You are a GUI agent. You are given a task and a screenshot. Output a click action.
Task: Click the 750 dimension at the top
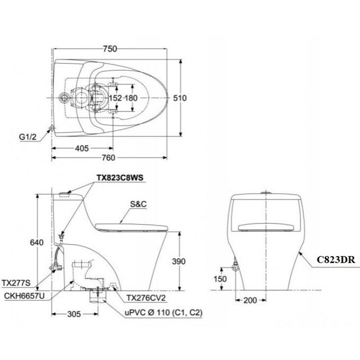pyautogui.click(x=110, y=48)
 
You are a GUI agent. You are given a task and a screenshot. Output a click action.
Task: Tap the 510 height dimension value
pyautogui.click(x=180, y=98)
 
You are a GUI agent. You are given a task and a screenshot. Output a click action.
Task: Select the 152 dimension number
pyautogui.click(x=115, y=98)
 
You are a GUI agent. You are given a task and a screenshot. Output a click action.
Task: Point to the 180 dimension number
pyautogui.click(x=131, y=98)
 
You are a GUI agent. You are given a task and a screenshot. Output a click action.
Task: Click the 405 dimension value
pyautogui.click(x=82, y=148)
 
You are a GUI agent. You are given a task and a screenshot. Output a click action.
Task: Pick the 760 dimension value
pyautogui.click(x=108, y=157)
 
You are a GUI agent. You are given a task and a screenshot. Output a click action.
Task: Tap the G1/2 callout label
pyautogui.click(x=28, y=137)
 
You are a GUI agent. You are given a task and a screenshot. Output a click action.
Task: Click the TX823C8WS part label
pyautogui.click(x=120, y=177)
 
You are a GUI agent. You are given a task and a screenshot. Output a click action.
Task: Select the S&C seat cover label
pyautogui.click(x=138, y=204)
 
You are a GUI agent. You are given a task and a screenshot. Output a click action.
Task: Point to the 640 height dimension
pyautogui.click(x=36, y=242)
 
